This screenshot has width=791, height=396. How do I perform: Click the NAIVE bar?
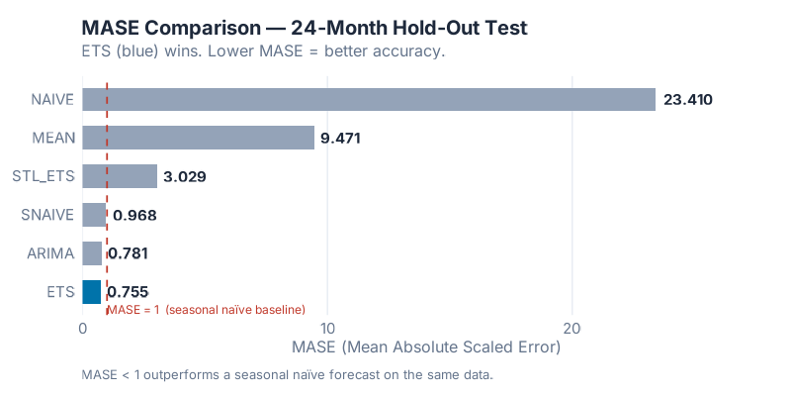(x=368, y=99)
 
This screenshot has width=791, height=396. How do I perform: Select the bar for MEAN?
(x=198, y=138)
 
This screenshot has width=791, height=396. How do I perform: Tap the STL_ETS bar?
(x=120, y=176)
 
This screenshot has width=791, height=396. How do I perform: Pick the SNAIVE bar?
(x=94, y=215)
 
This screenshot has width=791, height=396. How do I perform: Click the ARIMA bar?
(x=92, y=253)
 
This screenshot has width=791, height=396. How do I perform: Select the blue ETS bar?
(x=91, y=292)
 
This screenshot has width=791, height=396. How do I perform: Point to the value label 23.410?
(x=688, y=99)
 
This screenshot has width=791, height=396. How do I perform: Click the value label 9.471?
(x=340, y=138)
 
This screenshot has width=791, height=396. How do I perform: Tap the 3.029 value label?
(x=184, y=176)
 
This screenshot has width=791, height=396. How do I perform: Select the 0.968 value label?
(x=134, y=215)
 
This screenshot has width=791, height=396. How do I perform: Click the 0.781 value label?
(x=128, y=253)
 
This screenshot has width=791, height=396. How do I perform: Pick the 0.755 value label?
(x=128, y=292)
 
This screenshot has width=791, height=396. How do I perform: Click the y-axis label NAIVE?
(x=52, y=99)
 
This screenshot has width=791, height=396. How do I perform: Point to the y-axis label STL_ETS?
(x=44, y=176)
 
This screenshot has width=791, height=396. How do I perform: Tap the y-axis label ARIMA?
(x=51, y=253)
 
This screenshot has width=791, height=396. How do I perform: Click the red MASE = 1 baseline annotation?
(x=206, y=310)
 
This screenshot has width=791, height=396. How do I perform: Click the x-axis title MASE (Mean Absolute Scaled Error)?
(x=426, y=347)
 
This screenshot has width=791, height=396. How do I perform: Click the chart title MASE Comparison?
(x=305, y=28)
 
